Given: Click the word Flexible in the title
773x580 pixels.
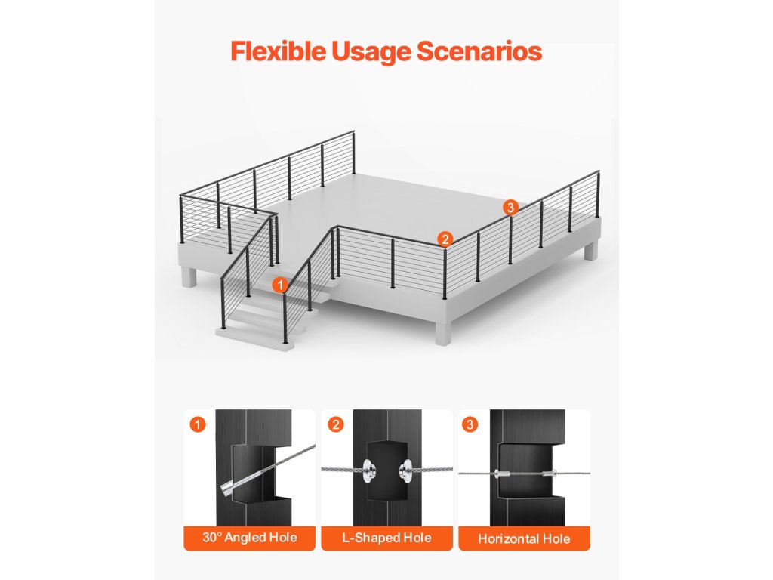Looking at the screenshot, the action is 278,51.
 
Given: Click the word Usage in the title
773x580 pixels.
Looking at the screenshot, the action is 371,51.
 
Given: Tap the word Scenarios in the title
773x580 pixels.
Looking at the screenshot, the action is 479,51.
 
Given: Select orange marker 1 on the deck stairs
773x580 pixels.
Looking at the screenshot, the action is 280,285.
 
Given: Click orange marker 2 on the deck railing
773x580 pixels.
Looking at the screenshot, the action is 445,239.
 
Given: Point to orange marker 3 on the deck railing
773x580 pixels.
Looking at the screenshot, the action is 510,207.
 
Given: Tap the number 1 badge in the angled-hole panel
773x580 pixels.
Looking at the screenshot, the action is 198,424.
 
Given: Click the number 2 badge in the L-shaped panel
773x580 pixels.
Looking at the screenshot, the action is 336,424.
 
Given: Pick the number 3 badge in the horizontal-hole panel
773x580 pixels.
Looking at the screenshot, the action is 470,424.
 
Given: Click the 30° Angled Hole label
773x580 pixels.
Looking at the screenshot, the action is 249,537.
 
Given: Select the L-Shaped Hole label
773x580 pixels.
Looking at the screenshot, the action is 387,538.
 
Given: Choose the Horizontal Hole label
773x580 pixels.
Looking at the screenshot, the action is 524,538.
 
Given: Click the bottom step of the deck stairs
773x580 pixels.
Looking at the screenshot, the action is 254,338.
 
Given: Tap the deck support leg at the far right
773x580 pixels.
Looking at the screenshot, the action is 590,250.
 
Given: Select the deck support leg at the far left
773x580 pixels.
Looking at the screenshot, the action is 188,276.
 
